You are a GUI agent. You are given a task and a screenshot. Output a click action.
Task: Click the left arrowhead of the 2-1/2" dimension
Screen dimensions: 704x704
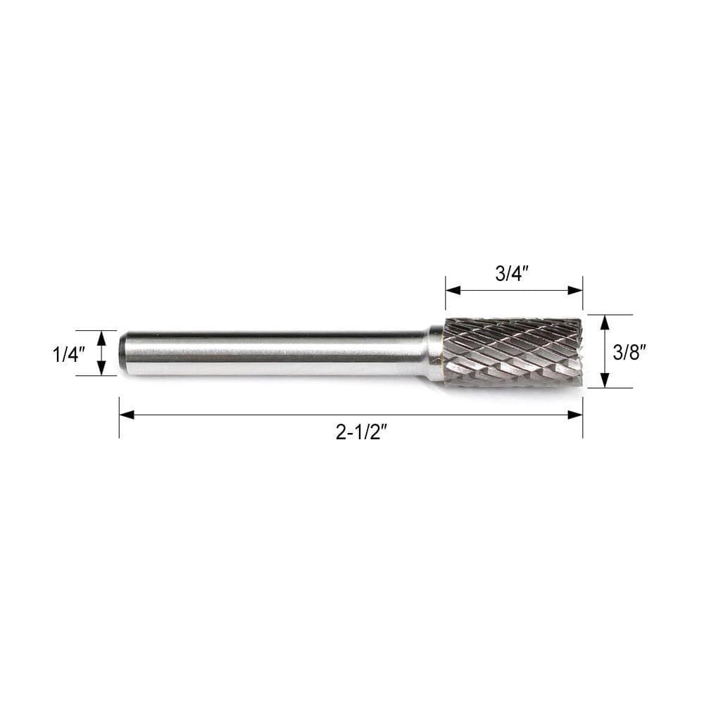[127, 415]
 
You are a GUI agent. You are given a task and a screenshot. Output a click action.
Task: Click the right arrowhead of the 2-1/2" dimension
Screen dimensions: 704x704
[575, 415]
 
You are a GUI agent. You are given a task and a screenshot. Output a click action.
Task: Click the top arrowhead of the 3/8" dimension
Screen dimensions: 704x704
[604, 323]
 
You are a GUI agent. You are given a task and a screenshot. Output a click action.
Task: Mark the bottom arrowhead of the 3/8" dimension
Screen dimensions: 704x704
[604, 380]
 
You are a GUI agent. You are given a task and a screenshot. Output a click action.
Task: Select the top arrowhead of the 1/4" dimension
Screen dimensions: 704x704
[101, 339]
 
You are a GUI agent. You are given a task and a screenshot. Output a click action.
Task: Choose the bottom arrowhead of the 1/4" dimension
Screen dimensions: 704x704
[101, 367]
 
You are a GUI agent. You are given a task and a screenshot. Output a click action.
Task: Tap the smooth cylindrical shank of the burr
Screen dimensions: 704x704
[275, 353]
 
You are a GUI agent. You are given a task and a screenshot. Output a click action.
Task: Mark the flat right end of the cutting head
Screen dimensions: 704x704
[580, 352]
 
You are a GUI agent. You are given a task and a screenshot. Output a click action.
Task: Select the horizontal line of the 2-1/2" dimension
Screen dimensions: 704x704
[282, 415]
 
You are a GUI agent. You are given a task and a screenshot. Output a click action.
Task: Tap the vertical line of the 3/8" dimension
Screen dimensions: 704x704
[604, 352]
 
